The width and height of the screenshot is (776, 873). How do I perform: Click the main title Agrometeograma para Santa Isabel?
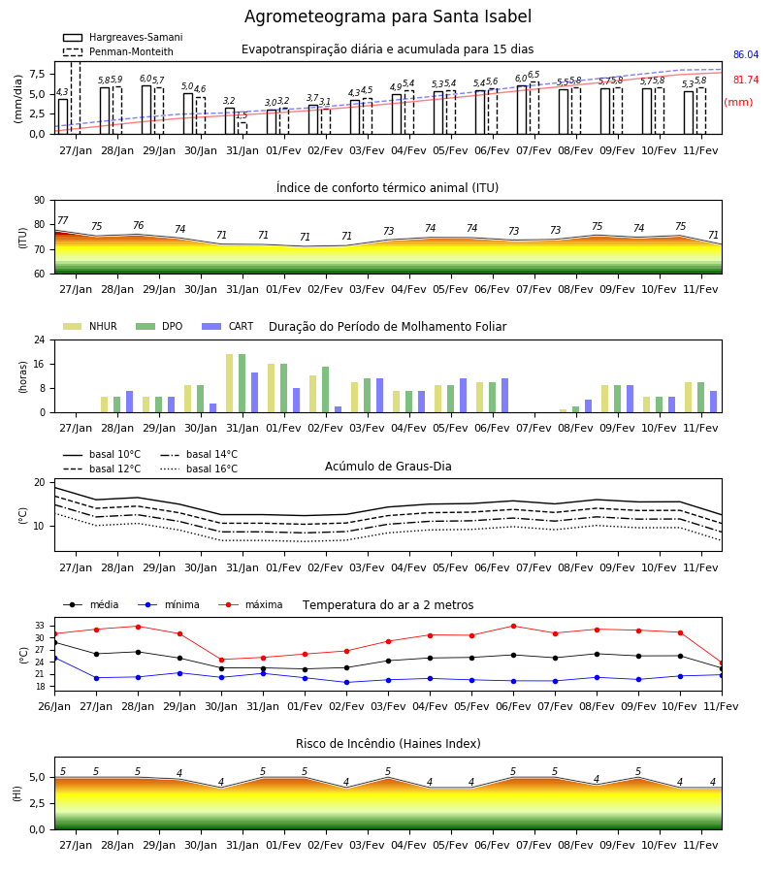pos(388,16)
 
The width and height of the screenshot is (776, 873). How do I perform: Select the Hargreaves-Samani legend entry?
pos(123,37)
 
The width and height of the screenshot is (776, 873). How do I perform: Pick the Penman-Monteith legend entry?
pos(118,51)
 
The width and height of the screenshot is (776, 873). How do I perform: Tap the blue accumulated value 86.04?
pos(746,54)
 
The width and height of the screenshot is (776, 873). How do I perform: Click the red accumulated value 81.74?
pos(746,80)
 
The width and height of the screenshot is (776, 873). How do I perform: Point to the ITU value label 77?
pos(63,220)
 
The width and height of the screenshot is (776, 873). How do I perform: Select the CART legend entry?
pos(228,326)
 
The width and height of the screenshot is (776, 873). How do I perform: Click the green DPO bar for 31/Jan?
pos(242,383)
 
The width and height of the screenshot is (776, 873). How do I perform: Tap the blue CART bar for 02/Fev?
pos(338,409)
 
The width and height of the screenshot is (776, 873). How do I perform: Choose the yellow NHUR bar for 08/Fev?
pos(564,411)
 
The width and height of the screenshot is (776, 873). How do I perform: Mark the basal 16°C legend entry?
pos(199,469)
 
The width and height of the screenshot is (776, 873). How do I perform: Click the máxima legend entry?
pos(250,604)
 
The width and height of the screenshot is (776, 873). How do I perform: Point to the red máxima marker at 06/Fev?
pos(513,627)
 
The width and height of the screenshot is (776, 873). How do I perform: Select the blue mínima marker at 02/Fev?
pos(347,683)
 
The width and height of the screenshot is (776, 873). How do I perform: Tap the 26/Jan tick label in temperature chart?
pos(54,706)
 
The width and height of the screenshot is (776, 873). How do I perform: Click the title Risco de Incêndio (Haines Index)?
pos(388,744)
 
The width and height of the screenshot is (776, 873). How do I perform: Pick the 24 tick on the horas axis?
pos(40,339)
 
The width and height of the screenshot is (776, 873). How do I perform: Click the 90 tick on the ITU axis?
pos(40,201)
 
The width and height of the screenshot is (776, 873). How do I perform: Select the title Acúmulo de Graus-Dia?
pos(388,467)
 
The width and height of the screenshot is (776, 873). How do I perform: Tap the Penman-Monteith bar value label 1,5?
pos(242,115)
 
